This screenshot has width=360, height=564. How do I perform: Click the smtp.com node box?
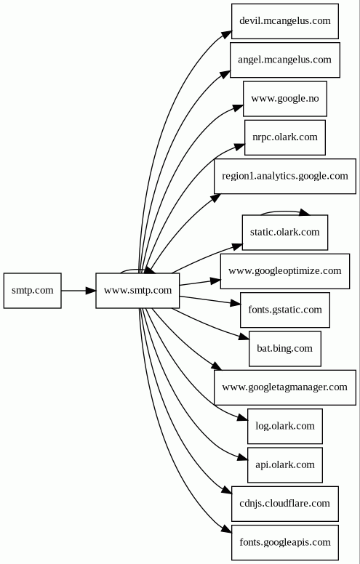(33, 290)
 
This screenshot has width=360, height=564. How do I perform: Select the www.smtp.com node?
(137, 290)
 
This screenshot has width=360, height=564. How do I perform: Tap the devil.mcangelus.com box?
(285, 21)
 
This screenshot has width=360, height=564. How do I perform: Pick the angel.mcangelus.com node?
(285, 60)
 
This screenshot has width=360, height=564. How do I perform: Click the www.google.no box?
(285, 99)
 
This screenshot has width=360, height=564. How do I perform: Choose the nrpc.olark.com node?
(285, 137)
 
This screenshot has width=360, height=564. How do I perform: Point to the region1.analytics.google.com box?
(285, 176)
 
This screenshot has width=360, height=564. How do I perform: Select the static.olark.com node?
(285, 233)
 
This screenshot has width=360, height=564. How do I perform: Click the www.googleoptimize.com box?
(285, 271)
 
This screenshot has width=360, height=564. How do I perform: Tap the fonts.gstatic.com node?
(285, 310)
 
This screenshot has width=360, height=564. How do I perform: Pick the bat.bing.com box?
(285, 349)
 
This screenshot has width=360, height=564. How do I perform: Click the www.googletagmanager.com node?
(285, 387)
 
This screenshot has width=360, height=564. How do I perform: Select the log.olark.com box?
(285, 426)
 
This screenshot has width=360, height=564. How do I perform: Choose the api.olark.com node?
(285, 465)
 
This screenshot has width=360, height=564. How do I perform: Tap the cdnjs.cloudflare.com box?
(285, 504)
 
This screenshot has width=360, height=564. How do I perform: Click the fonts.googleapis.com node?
(285, 543)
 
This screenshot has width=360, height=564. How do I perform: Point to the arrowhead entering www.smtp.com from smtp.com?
(91, 290)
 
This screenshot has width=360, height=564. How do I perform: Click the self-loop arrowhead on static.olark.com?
(305, 212)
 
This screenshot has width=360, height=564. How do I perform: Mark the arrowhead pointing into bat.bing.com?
(244, 337)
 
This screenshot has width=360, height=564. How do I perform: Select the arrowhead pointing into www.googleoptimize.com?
(215, 281)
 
